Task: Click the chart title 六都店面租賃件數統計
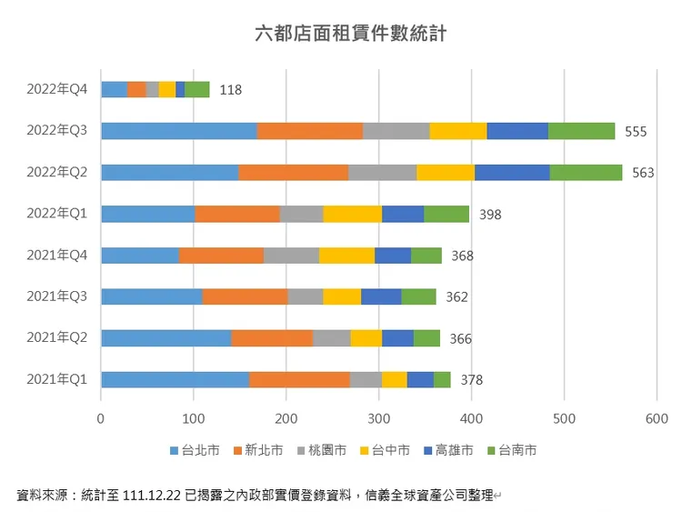(349, 35)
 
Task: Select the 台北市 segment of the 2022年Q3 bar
(178, 131)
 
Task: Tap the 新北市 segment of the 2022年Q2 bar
(293, 173)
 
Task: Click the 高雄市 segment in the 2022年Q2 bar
(512, 173)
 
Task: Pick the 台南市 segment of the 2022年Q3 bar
(581, 131)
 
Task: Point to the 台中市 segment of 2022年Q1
(352, 214)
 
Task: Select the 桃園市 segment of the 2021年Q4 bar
(291, 256)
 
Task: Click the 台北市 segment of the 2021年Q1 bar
(175, 379)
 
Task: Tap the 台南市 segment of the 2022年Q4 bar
(196, 89)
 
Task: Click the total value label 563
(643, 173)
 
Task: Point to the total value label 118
(230, 89)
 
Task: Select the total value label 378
(471, 379)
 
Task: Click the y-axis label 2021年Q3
(56, 296)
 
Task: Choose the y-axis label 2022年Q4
(56, 89)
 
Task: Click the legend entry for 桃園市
(322, 449)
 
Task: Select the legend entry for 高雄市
(447, 449)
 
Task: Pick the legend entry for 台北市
(195, 449)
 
